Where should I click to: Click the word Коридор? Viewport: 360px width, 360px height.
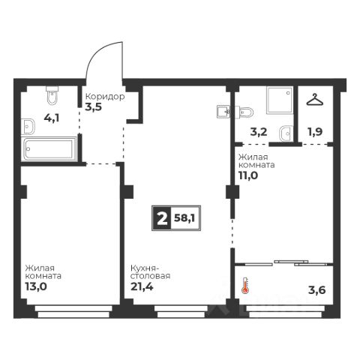point(105,97)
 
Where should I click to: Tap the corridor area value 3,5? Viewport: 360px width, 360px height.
point(94,107)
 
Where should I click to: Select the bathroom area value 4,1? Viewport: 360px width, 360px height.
point(52,118)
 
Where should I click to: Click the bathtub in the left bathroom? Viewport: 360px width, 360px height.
point(49,148)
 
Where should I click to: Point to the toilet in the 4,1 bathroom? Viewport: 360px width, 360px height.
point(52,95)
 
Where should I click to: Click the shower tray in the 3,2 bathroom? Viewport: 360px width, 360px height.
point(280,100)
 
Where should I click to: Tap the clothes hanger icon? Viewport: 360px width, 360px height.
point(315,100)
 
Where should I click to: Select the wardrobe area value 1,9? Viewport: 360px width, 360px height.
point(315,132)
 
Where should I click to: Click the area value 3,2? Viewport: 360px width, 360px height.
point(259,132)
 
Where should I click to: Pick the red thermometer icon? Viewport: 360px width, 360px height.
point(245,285)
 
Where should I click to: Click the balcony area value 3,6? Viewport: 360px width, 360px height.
point(317,290)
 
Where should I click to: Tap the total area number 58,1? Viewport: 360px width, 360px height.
point(184,218)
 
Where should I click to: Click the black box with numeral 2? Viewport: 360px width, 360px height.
point(162,218)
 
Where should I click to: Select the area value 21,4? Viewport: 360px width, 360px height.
point(142,286)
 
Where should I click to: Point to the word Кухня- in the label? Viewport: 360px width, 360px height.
point(145,268)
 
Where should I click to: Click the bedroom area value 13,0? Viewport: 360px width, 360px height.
point(36,286)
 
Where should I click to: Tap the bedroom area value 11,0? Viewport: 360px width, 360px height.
point(248,175)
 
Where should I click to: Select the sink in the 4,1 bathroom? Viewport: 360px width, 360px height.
point(28,127)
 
